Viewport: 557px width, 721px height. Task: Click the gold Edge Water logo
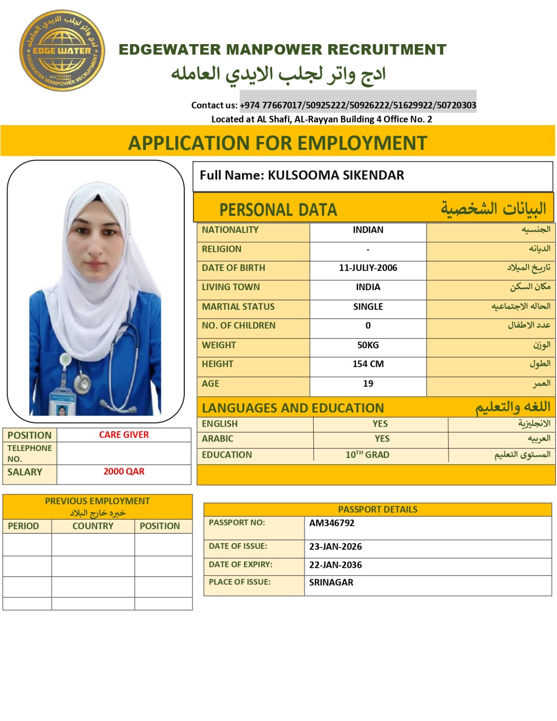click(x=62, y=50)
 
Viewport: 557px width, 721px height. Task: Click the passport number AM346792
click(x=332, y=523)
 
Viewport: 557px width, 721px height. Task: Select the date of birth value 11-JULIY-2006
click(x=368, y=268)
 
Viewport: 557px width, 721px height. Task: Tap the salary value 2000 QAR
click(x=124, y=471)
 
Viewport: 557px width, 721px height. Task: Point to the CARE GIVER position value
click(x=124, y=434)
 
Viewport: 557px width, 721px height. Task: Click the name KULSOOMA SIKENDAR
click(x=336, y=175)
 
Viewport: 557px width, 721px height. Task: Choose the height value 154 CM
click(x=368, y=364)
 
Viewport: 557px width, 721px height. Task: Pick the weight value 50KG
click(x=368, y=345)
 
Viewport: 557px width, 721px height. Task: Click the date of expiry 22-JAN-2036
click(x=335, y=565)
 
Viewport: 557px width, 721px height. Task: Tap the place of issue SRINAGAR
click(x=331, y=582)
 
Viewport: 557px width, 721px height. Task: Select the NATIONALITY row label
click(x=230, y=230)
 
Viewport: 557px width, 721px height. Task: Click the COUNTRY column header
click(x=93, y=526)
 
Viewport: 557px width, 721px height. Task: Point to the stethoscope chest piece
click(x=82, y=383)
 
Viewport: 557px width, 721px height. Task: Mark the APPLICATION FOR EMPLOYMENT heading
click(x=278, y=143)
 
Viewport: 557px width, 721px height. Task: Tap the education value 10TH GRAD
click(x=367, y=455)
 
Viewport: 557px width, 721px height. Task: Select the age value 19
click(x=368, y=383)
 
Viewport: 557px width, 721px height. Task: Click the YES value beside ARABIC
click(x=382, y=438)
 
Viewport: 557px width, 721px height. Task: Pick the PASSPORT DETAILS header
click(x=378, y=509)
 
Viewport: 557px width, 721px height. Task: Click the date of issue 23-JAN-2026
click(x=335, y=547)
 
